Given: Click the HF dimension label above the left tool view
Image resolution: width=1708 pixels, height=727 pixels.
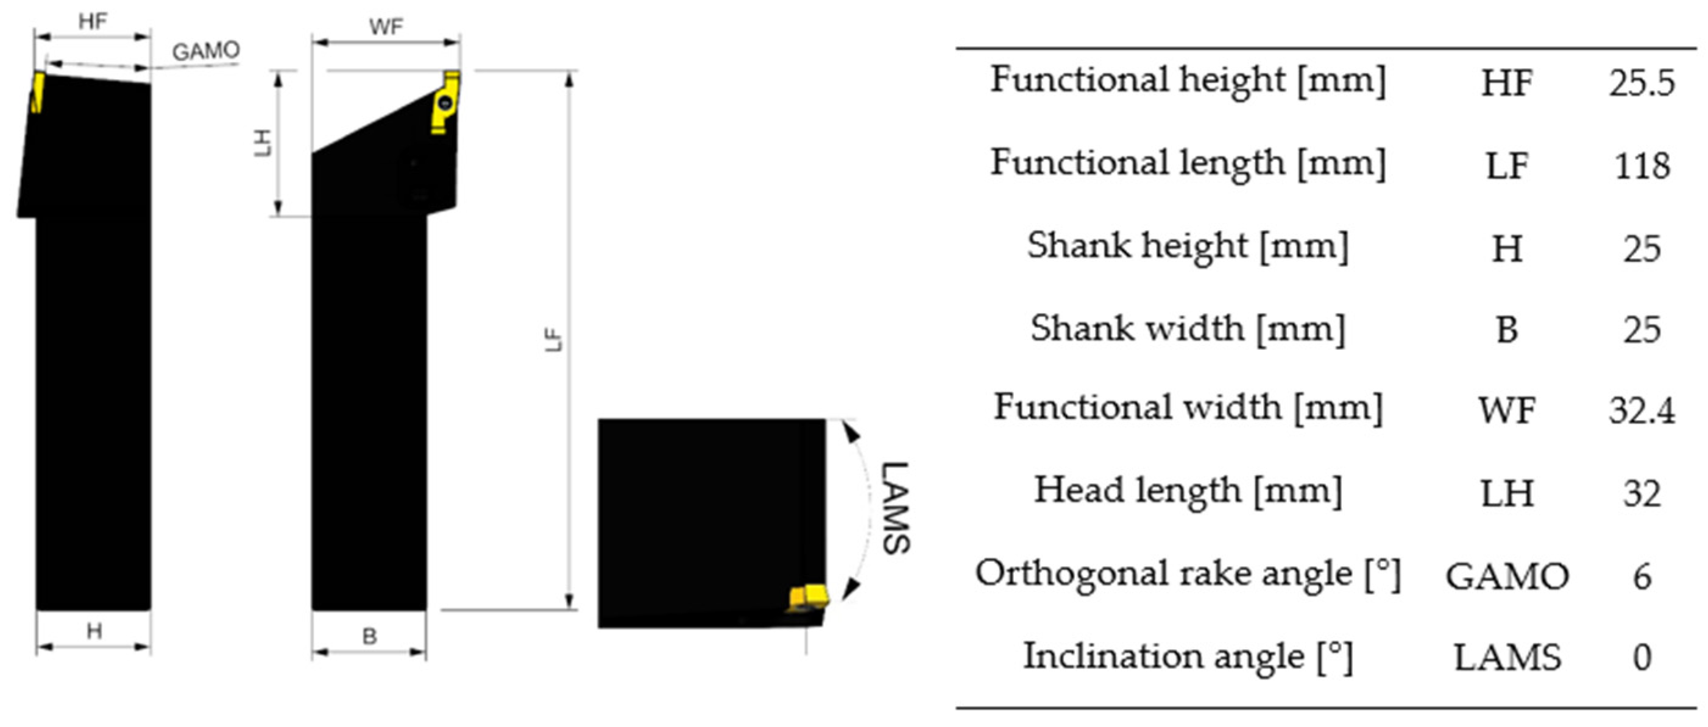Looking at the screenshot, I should tap(92, 22).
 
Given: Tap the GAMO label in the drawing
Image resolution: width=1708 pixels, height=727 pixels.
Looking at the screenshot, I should tap(205, 51).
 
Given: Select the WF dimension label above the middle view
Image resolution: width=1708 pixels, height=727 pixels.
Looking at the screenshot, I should tap(386, 27).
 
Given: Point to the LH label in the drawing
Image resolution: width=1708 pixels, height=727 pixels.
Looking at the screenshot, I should tap(264, 142).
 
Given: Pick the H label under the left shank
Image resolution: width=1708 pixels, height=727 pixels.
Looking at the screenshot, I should tap(94, 631).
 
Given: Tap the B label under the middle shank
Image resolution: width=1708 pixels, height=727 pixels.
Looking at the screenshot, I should tap(369, 636).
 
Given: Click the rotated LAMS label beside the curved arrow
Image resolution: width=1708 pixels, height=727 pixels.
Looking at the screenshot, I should tap(895, 507).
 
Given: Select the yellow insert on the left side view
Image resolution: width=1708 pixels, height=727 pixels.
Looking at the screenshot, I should tap(37, 93).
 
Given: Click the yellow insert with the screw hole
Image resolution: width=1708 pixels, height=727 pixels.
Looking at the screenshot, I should tap(445, 103).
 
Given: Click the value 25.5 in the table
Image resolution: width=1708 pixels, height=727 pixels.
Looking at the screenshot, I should tap(1641, 83).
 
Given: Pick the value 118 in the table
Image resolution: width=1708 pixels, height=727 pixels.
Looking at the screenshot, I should tap(1642, 166).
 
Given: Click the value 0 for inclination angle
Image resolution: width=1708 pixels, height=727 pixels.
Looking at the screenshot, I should tap(1642, 658).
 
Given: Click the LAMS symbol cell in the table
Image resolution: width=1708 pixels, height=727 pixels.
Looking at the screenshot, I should tap(1506, 658).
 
